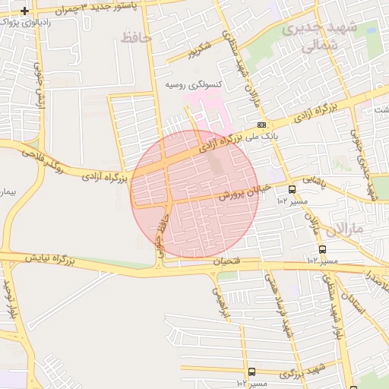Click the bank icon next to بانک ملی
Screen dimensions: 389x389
261,124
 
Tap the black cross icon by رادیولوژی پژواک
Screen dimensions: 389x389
25,11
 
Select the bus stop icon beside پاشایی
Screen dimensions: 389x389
292,189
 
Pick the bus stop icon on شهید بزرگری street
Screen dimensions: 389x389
251,372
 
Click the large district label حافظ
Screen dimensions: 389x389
131,36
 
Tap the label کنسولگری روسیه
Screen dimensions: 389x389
194,84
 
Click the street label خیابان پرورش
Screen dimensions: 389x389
244,191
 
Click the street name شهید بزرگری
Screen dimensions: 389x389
301,372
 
